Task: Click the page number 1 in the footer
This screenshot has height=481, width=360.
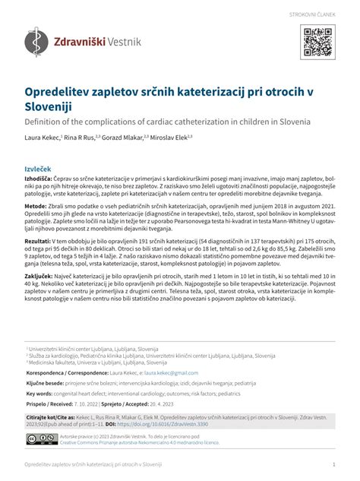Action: pos(333,464)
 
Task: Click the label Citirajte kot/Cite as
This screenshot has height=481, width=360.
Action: pos(50,417)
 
